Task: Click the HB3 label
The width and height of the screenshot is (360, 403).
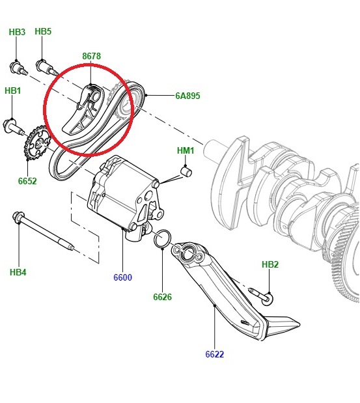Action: [x=17, y=32]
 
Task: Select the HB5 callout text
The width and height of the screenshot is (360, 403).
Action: [x=43, y=31]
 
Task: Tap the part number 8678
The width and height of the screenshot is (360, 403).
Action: [x=92, y=56]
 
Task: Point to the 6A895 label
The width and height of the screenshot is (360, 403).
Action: [x=187, y=96]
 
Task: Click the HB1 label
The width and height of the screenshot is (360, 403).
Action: [x=13, y=90]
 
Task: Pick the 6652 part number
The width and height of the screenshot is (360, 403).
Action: [x=27, y=181]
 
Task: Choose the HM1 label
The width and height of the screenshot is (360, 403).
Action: [x=186, y=150]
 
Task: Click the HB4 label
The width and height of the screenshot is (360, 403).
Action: [x=18, y=272]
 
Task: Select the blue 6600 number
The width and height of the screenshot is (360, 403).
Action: [x=123, y=277]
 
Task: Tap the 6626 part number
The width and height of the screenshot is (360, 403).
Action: [x=162, y=297]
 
